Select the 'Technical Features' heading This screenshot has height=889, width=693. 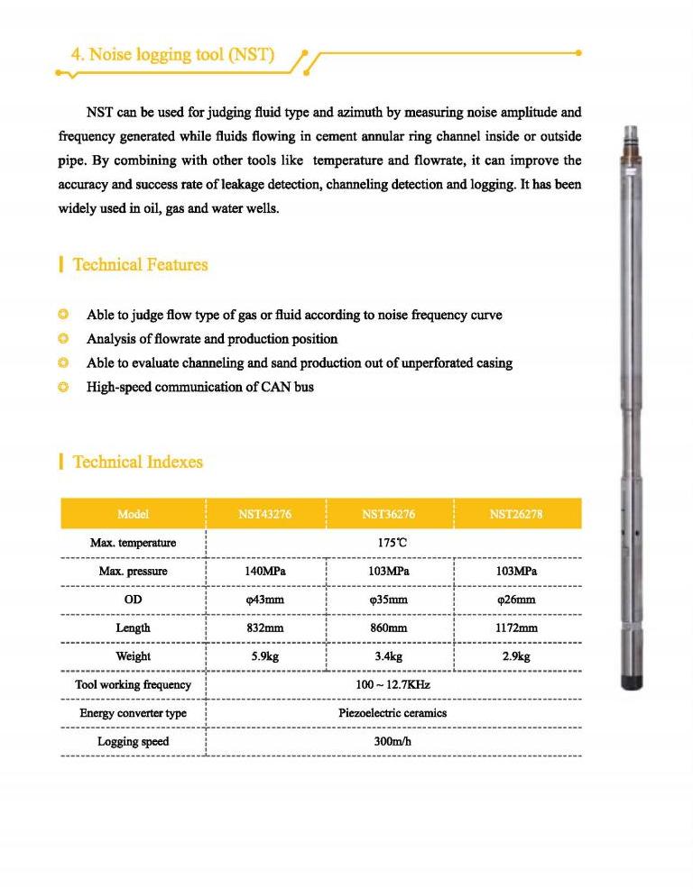140,265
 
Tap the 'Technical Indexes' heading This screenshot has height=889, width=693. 137,463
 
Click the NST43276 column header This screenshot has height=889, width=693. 264,515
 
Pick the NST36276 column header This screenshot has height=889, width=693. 389,515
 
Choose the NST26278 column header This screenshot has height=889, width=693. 516,515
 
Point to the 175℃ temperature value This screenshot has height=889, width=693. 393,544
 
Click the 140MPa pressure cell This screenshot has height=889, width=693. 264,572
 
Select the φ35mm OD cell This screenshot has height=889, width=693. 389,600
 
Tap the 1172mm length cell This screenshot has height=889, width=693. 516,628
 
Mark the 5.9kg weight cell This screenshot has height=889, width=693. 264,656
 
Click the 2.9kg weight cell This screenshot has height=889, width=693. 516,656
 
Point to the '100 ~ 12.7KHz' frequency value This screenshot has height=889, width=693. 393,684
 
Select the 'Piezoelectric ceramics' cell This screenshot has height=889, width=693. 393,713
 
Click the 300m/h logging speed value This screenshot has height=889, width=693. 393,741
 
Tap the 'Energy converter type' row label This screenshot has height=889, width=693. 133,713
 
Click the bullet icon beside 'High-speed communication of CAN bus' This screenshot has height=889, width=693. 63,388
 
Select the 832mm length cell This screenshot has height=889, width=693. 264,628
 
